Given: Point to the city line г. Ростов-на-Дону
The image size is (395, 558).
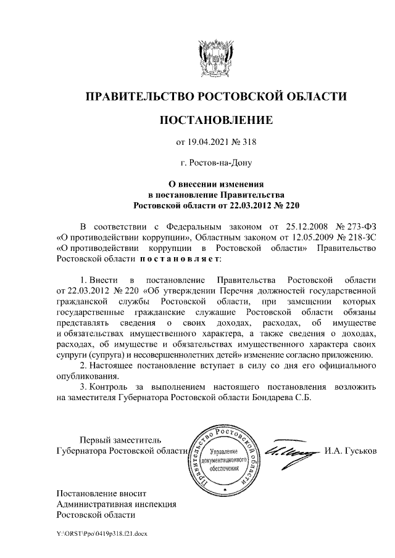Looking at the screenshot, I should click(215, 163).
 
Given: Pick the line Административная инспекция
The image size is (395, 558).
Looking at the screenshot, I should click(116, 503).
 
